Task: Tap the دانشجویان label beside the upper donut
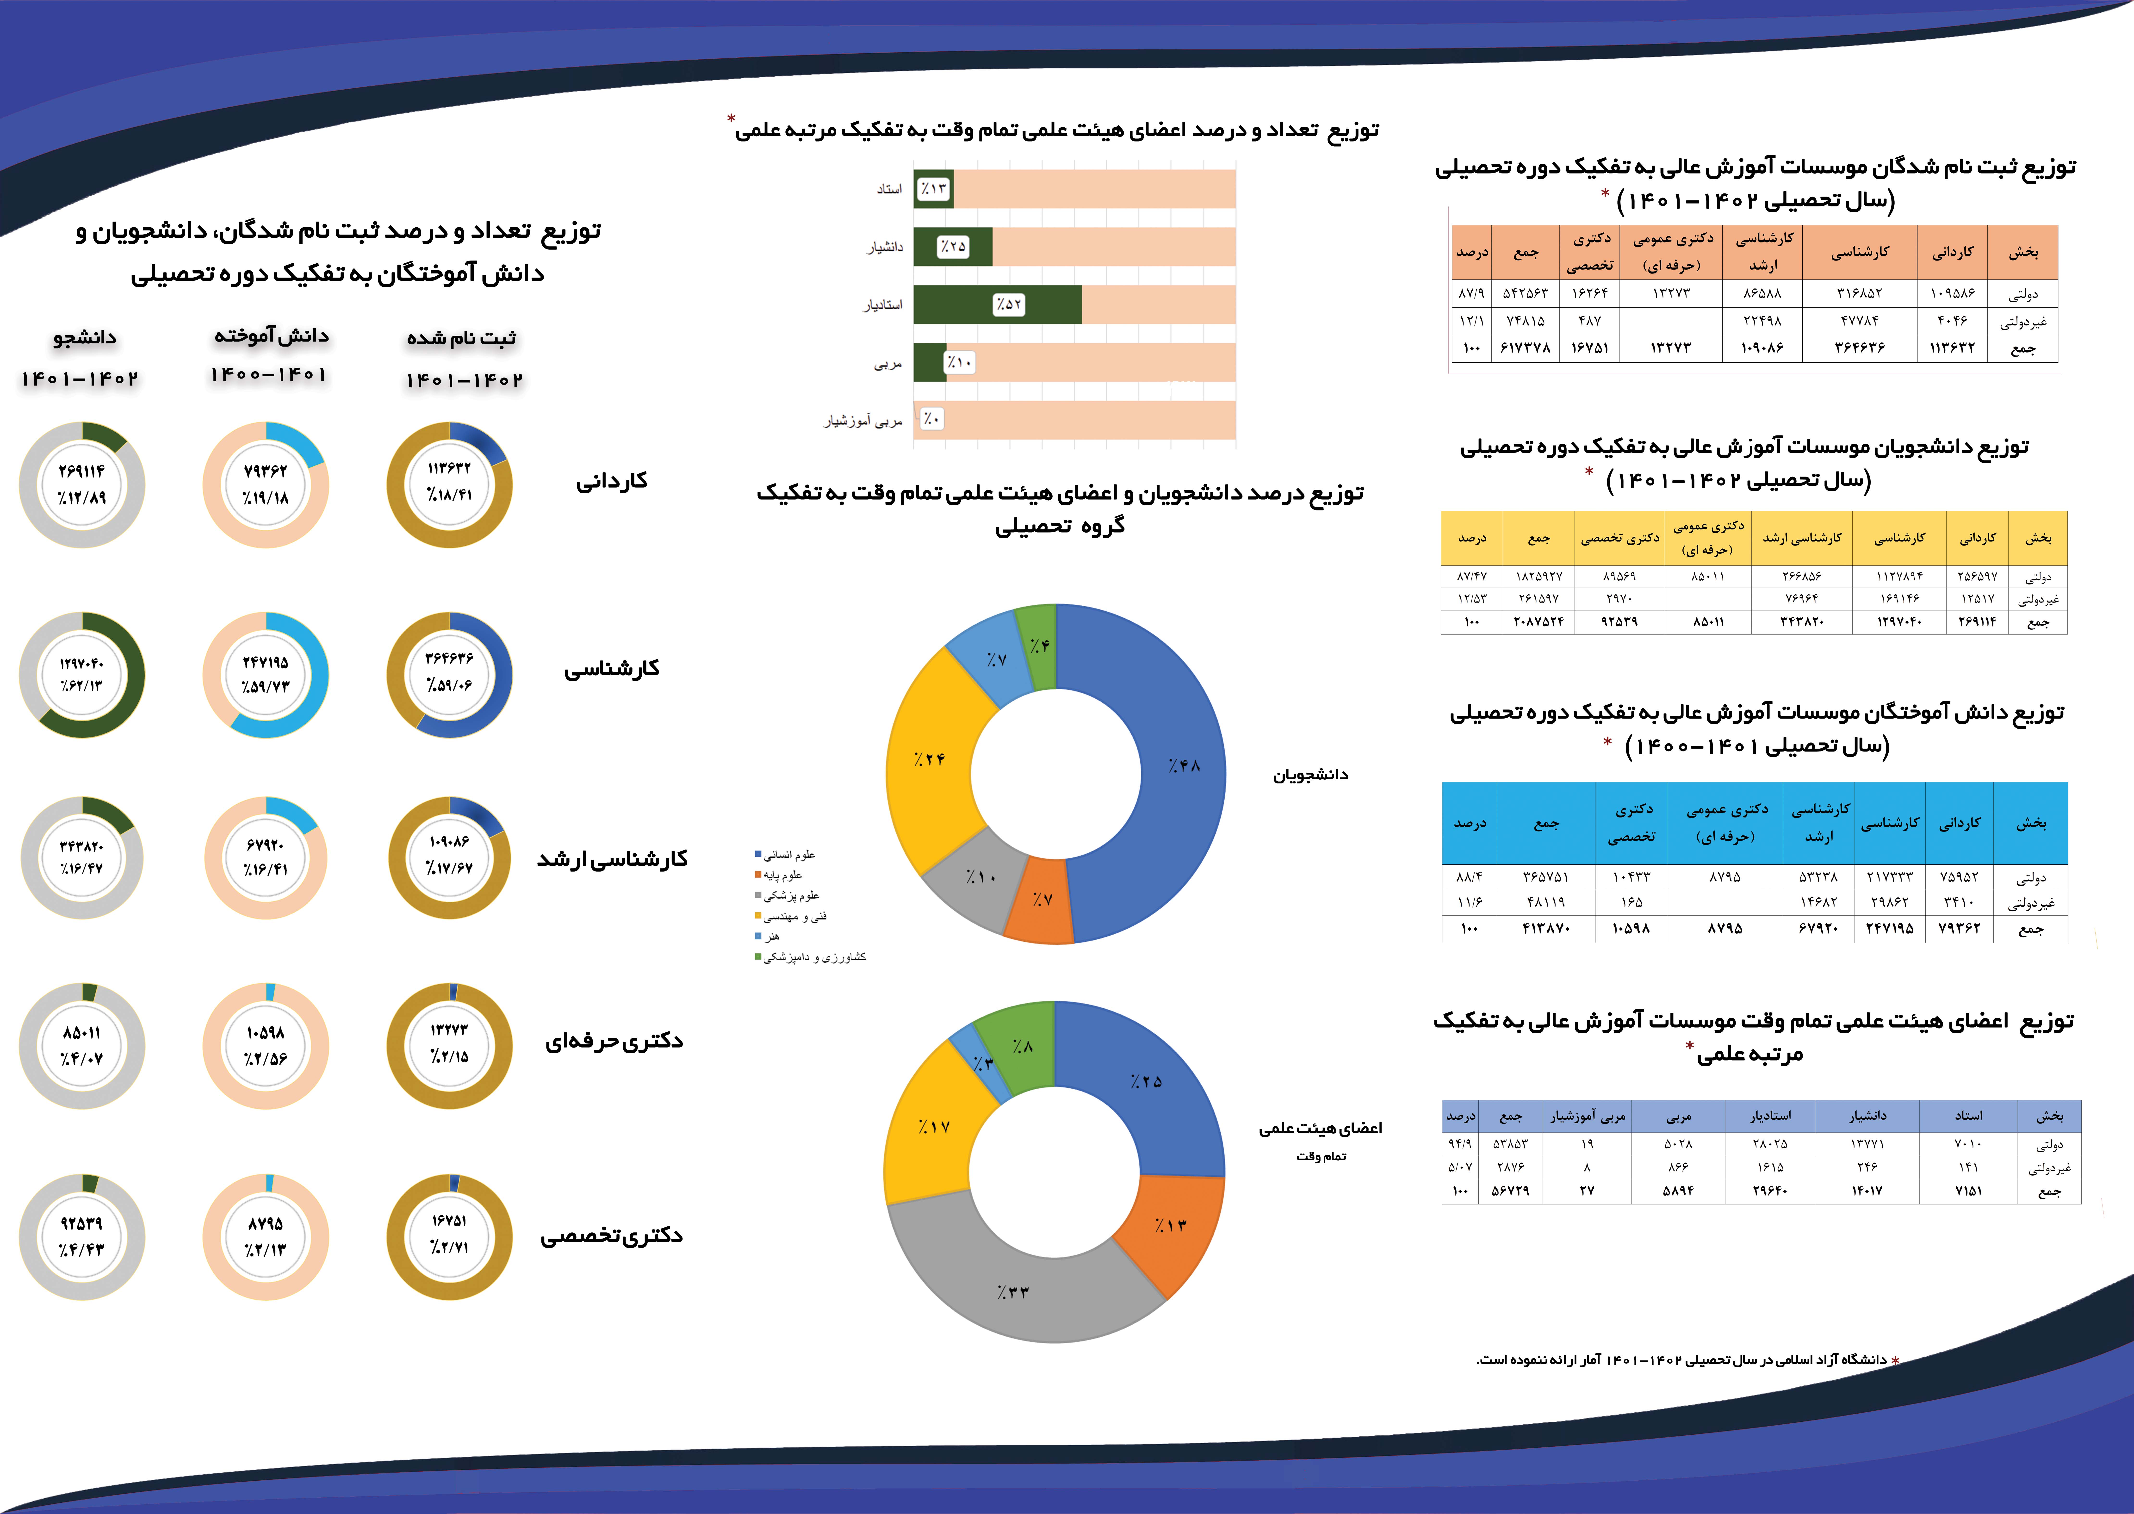pyautogui.click(x=1310, y=775)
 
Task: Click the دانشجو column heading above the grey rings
pyautogui.click(x=84, y=337)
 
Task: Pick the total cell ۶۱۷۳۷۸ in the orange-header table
pyautogui.click(x=1525, y=348)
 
